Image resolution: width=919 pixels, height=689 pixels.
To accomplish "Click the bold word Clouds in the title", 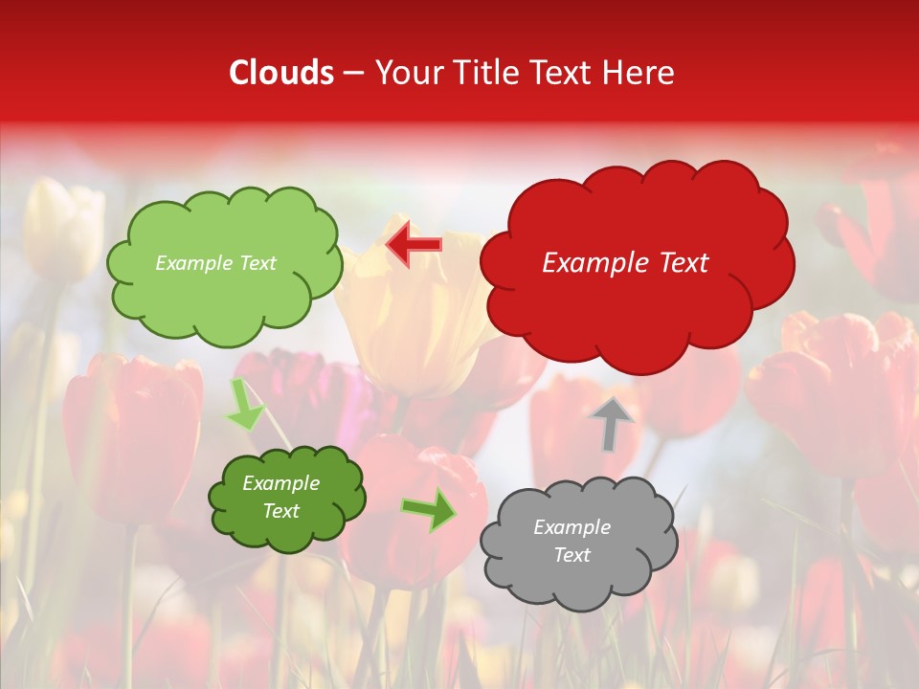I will click(281, 73).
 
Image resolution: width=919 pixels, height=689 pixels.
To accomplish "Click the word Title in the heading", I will click(480, 73).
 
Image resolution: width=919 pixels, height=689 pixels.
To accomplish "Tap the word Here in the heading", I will click(639, 73).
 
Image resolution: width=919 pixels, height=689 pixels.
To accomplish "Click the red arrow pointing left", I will click(414, 245).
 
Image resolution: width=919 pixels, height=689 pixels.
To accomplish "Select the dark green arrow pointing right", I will click(429, 509).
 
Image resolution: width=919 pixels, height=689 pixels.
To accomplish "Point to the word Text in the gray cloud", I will click(572, 555).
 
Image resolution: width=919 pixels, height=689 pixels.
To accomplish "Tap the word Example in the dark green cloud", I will click(281, 483).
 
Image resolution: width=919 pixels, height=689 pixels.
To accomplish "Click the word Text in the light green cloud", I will click(256, 263).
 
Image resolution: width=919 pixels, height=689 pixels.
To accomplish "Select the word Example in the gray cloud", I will click(572, 527).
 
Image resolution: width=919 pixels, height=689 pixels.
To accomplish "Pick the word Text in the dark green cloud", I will click(281, 511).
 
